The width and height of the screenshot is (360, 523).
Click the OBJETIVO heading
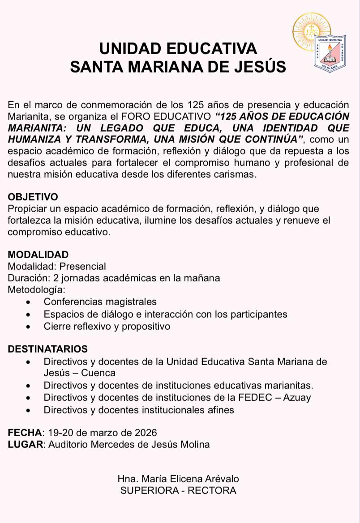click(33, 197)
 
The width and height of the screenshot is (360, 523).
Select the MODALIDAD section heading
click(38, 255)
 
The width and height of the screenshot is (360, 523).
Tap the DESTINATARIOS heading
click(48, 349)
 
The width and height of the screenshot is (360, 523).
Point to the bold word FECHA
click(25, 433)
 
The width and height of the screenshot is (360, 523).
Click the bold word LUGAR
click(26, 445)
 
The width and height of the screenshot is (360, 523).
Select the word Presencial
click(83, 267)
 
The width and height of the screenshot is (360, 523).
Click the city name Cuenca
click(99, 373)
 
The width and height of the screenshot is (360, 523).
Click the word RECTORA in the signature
click(212, 490)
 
